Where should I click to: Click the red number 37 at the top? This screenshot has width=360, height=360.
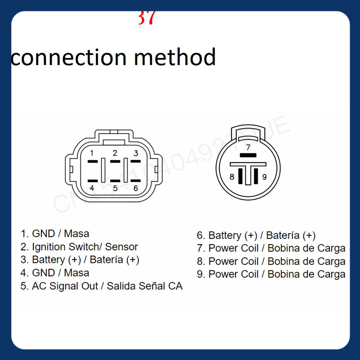[x=146, y=18]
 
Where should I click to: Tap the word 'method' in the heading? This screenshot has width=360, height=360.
[x=175, y=57]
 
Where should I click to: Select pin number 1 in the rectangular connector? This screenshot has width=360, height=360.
[x=92, y=153]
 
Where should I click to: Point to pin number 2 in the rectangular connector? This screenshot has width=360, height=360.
[x=115, y=153]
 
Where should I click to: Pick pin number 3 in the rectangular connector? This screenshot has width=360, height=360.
[x=136, y=153]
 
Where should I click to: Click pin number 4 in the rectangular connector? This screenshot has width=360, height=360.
[x=92, y=188]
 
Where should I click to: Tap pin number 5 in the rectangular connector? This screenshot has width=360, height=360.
[x=115, y=188]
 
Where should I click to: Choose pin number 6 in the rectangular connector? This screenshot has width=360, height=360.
[x=136, y=188]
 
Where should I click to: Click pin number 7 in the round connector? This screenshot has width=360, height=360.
[x=248, y=147]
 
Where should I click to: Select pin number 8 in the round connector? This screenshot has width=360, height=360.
[x=232, y=177]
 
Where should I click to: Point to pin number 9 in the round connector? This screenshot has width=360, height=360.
[x=264, y=177]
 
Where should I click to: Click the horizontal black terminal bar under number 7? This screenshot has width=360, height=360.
[x=248, y=155]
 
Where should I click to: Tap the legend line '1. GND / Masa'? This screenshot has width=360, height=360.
[x=55, y=234]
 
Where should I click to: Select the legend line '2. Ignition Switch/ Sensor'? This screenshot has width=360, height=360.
[x=79, y=247]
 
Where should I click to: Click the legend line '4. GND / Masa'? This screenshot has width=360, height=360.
[x=55, y=273]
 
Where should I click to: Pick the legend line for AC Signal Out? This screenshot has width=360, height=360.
[x=102, y=286]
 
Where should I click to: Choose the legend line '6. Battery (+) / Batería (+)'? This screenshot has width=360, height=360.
[x=256, y=236]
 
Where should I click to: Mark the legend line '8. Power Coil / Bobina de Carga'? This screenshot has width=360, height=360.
[x=271, y=261]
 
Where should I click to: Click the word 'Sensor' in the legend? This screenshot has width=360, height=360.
[x=121, y=247]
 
